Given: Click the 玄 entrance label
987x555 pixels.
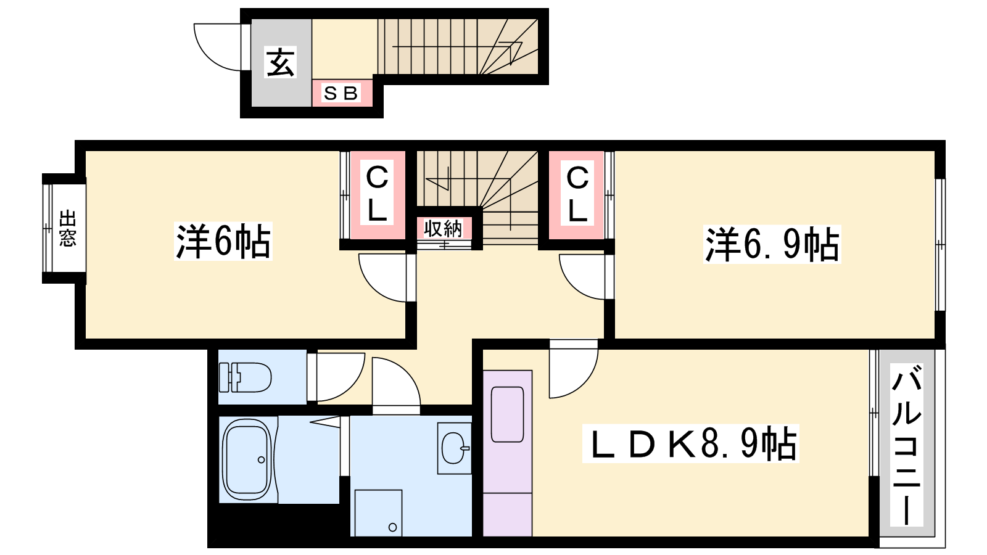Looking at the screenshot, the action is coord(280,62).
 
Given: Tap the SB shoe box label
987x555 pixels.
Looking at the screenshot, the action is coord(341,93).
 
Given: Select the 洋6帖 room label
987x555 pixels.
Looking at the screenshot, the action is coord(223,241).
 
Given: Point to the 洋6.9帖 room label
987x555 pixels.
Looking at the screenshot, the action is coord(772,244).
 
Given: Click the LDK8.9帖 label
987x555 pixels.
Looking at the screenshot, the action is coord(690,443).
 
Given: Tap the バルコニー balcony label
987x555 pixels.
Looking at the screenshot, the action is coord(906,445).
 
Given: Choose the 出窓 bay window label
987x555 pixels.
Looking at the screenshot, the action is coord(67,228).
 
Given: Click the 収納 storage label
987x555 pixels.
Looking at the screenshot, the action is coord(443,228).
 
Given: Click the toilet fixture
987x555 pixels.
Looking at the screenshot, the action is coord(245,377).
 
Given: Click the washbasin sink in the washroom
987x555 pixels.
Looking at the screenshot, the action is coord(455,448).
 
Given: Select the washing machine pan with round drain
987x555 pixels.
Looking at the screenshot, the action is coord(379,512).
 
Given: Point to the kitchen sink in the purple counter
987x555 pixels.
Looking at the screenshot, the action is coord(508,414).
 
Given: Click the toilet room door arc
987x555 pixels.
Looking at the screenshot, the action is coord(352,385).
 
